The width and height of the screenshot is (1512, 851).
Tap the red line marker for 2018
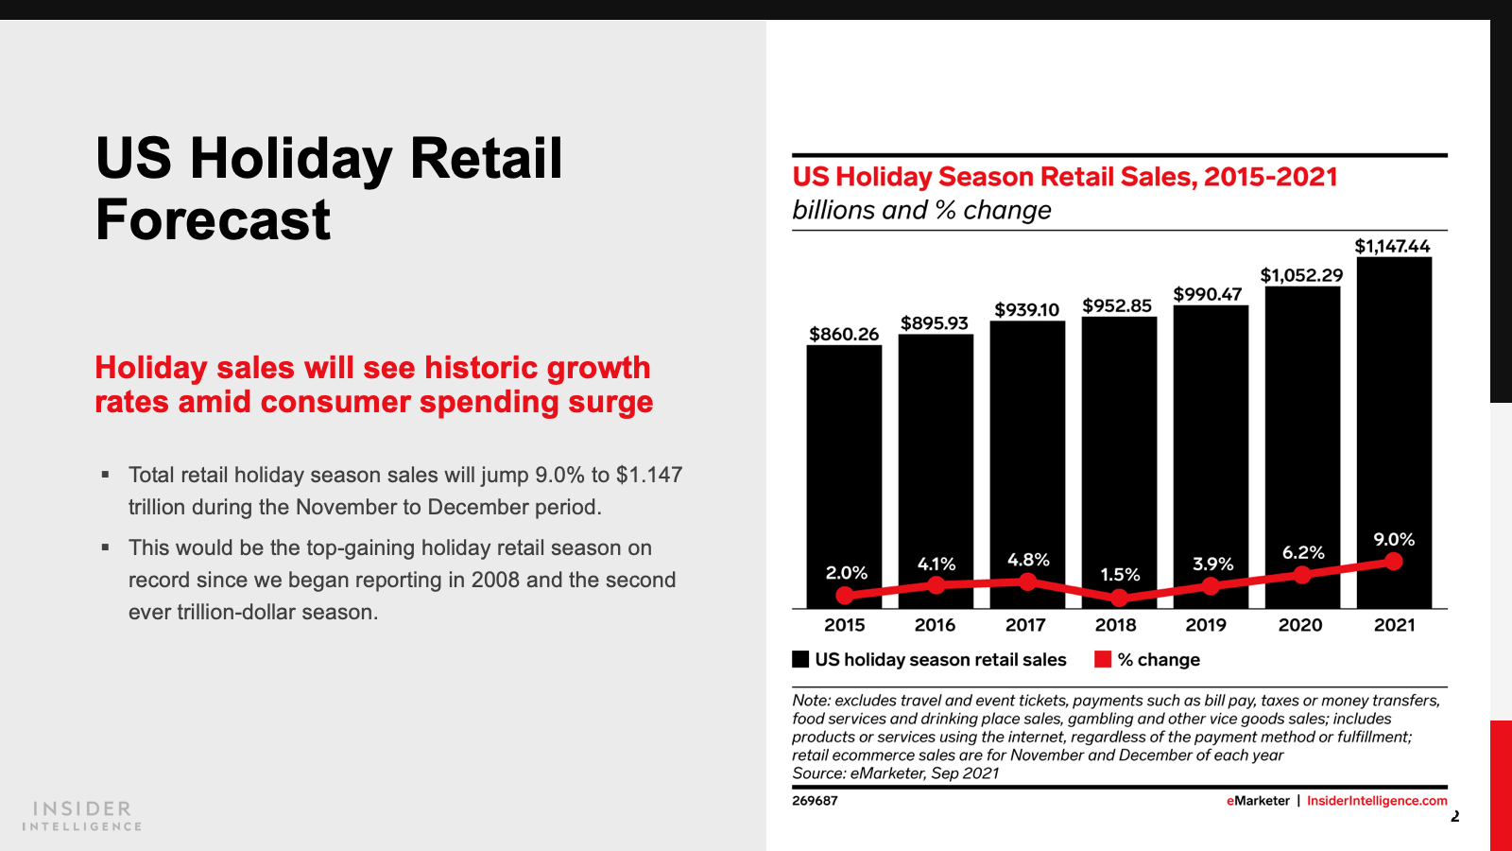pyautogui.click(x=1119, y=598)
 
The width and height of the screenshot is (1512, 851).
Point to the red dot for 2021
pyautogui.click(x=1394, y=562)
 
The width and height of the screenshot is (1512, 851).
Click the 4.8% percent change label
pyautogui.click(x=1028, y=560)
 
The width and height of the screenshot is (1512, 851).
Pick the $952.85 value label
pyautogui.click(x=1117, y=305)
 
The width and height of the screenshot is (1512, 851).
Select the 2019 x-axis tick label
pyautogui.click(x=1206, y=625)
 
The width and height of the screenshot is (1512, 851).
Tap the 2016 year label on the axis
pyautogui.click(x=935, y=625)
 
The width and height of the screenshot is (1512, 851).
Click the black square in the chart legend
pyautogui.click(x=800, y=659)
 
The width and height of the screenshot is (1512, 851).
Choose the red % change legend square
pyautogui.click(x=1103, y=659)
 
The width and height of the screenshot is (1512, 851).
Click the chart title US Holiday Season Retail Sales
pyautogui.click(x=1065, y=177)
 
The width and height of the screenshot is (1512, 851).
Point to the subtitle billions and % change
pyautogui.click(x=921, y=210)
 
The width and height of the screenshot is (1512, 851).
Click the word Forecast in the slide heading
pyautogui.click(x=214, y=220)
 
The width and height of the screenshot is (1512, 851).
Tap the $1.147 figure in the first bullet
pyautogui.click(x=648, y=475)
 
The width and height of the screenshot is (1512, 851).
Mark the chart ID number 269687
pyautogui.click(x=815, y=801)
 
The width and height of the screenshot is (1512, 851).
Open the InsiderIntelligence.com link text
pyautogui.click(x=1377, y=801)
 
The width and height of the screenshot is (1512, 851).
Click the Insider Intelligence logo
pyautogui.click(x=82, y=816)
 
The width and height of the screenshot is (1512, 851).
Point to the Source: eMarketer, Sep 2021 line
pyautogui.click(x=895, y=773)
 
